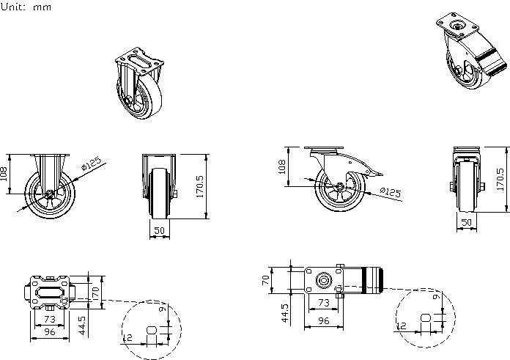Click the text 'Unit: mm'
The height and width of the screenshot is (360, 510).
[x=26, y=6]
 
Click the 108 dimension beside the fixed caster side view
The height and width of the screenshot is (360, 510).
[x=4, y=174]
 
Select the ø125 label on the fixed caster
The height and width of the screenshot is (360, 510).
[x=91, y=164]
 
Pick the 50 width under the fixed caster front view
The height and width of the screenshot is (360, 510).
[x=160, y=231]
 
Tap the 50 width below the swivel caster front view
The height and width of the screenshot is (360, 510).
[x=466, y=222]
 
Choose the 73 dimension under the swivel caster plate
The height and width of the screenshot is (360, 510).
[x=323, y=301]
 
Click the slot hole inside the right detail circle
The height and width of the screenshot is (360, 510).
[x=426, y=317]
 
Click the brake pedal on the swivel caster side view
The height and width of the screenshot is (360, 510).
[x=374, y=172]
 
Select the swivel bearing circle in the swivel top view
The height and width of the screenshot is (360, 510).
[x=322, y=280]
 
